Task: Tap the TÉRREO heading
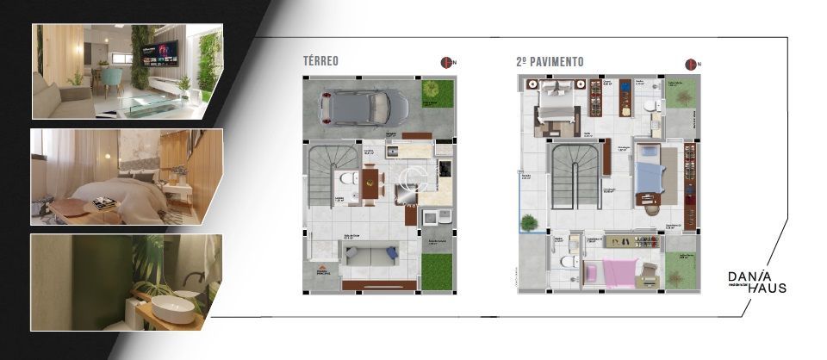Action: pyautogui.click(x=320, y=62)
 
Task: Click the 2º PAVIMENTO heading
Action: pyautogui.click(x=549, y=62)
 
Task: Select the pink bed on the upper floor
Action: pyautogui.click(x=609, y=273)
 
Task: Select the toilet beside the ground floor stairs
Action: pyautogui.click(x=346, y=179)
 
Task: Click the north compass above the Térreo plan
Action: pyautogui.click(x=447, y=62)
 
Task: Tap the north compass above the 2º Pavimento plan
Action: pyautogui.click(x=690, y=63)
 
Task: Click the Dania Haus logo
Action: pyautogui.click(x=756, y=282)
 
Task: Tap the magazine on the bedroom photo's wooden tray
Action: pyautogui.click(x=104, y=203)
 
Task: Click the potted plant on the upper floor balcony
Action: pyautogui.click(x=529, y=222)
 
